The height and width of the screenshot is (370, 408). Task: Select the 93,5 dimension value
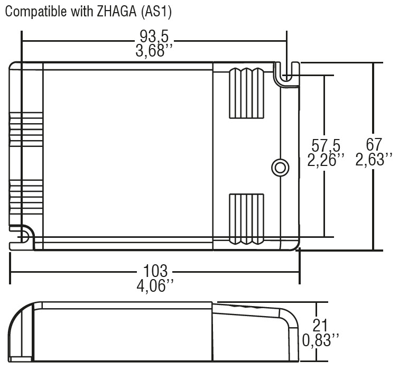click(x=154, y=38)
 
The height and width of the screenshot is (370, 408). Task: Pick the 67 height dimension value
click(x=374, y=145)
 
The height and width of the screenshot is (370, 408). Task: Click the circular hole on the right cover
click(x=280, y=167)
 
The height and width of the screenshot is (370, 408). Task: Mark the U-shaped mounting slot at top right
click(x=286, y=74)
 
